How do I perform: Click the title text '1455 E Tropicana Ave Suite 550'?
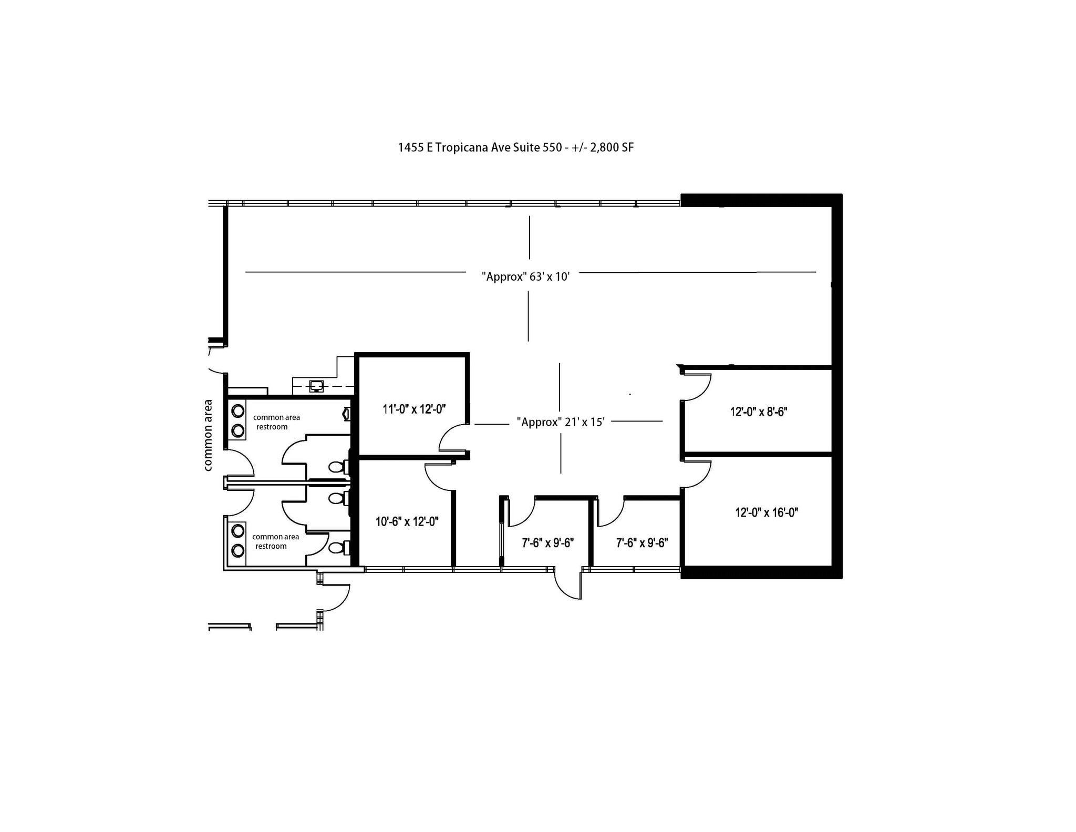point(480,148)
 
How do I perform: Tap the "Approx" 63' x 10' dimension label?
point(525,276)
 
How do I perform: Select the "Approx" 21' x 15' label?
point(561,422)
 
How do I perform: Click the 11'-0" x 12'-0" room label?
point(414,409)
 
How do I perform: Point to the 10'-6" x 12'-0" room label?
point(407,521)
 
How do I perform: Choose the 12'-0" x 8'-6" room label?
point(758,412)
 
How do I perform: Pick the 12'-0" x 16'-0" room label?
point(766,512)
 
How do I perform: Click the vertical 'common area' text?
point(208,435)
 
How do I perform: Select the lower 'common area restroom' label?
point(275,541)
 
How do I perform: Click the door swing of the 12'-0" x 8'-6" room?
point(697,387)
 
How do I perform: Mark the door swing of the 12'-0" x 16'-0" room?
point(697,474)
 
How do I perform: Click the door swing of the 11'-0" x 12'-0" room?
point(453,438)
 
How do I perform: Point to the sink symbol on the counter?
point(316,386)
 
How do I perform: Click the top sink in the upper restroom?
point(238,410)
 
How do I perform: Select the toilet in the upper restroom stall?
point(337,467)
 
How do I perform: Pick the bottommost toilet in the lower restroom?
point(337,548)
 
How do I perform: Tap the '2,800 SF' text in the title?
point(612,148)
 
